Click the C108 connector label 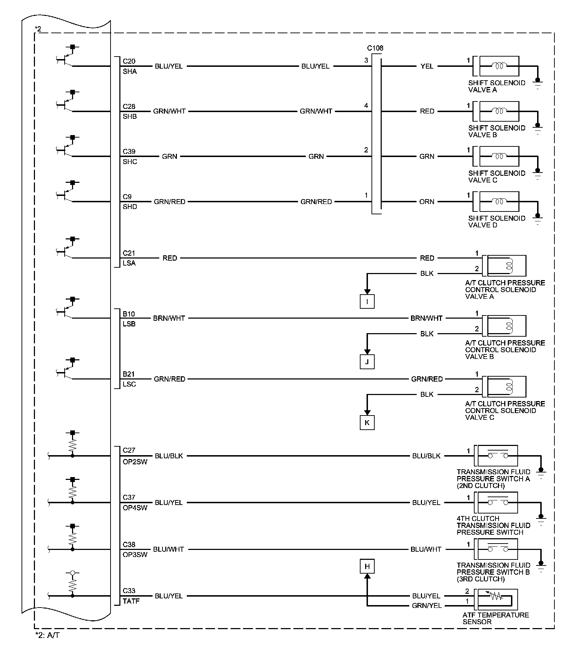pos(375,48)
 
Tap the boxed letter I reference pos(367,302)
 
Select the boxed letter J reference pos(367,362)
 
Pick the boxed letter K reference pos(367,423)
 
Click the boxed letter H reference pos(367,567)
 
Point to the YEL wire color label pos(427,66)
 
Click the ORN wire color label pos(427,202)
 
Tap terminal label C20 pos(129,61)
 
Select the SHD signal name pos(130,207)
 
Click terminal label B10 pos(129,314)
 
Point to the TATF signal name pos(131,601)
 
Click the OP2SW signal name pos(135,462)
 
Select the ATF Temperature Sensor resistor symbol pos(496,597)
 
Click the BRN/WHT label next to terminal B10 pos(169,318)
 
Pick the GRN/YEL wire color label pos(427,606)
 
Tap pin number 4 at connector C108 pos(366,105)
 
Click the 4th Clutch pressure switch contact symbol pos(498,502)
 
